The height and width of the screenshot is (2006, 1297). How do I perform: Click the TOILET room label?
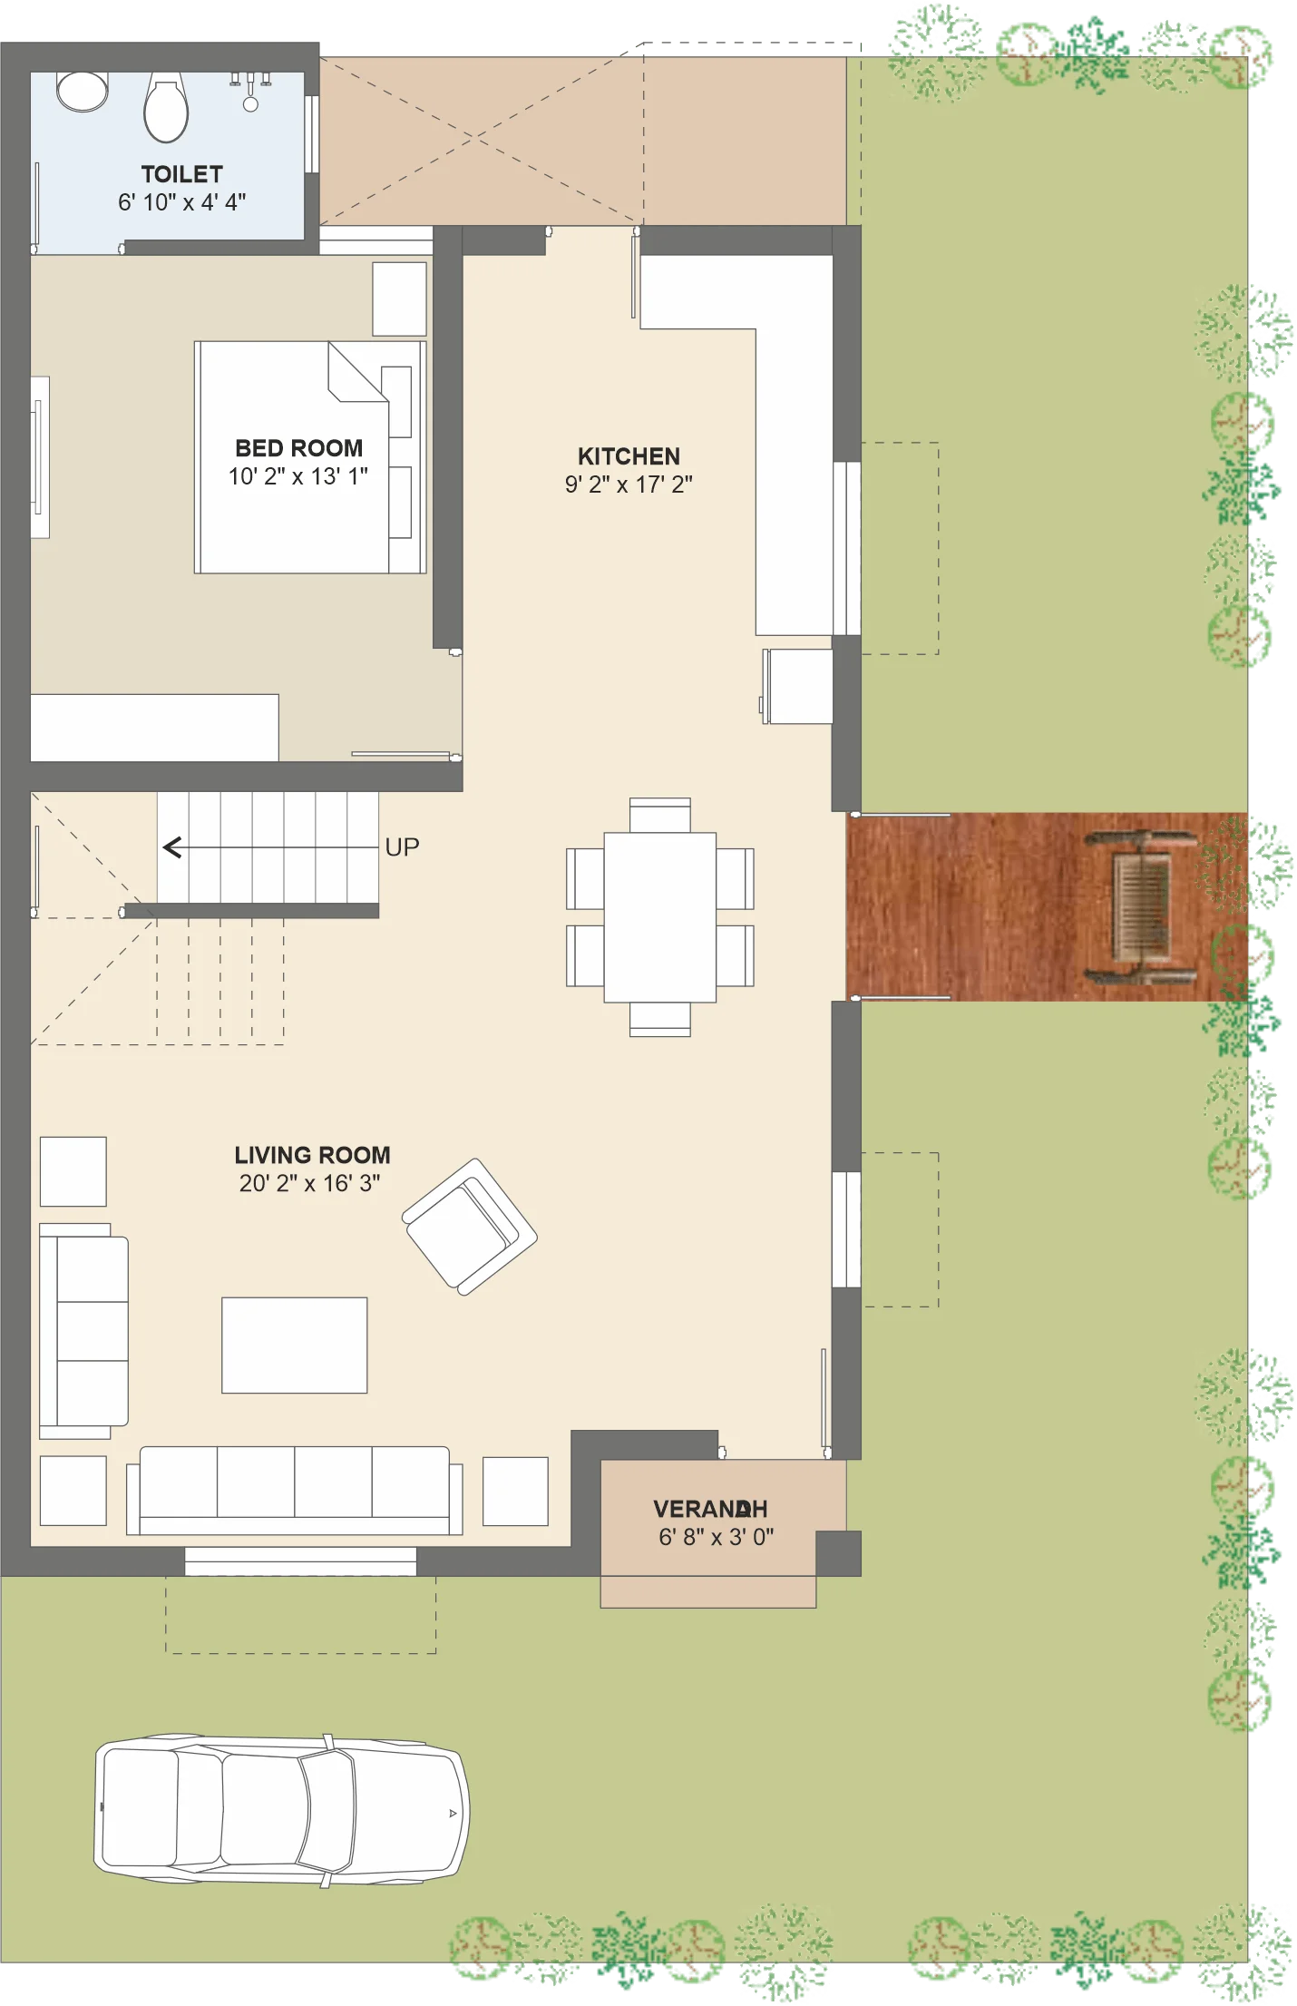pyautogui.click(x=181, y=173)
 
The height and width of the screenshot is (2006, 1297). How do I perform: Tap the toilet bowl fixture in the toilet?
pyautogui.click(x=166, y=108)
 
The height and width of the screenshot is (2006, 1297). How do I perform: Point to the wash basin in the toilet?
pyautogui.click(x=83, y=91)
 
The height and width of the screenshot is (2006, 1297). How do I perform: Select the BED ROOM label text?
pyautogui.click(x=298, y=448)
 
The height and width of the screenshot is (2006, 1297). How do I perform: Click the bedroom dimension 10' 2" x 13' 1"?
pyautogui.click(x=298, y=476)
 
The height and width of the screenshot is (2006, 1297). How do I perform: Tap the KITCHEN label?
pyautogui.click(x=629, y=456)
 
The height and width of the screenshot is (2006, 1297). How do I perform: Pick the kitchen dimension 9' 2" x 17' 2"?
pyautogui.click(x=629, y=484)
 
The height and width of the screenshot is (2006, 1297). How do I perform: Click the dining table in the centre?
pyautogui.click(x=660, y=917)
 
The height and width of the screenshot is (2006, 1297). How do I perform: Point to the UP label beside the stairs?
pyautogui.click(x=402, y=847)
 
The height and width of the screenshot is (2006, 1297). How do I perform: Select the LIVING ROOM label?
pyautogui.click(x=312, y=1155)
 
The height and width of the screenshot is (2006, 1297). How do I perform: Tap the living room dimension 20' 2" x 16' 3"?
pyautogui.click(x=310, y=1183)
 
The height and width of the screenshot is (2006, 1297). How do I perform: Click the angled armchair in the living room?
pyautogui.click(x=470, y=1227)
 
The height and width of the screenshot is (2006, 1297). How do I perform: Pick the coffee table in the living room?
pyautogui.click(x=295, y=1345)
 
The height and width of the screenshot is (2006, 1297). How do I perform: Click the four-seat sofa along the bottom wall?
pyautogui.click(x=294, y=1490)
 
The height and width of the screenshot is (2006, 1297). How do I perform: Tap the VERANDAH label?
pyautogui.click(x=710, y=1509)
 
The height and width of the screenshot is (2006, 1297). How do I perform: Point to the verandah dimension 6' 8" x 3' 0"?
pyautogui.click(x=716, y=1537)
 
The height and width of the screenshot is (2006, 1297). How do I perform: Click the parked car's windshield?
pyautogui.click(x=327, y=1811)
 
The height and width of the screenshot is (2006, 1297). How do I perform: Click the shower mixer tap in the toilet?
pyautogui.click(x=250, y=92)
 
